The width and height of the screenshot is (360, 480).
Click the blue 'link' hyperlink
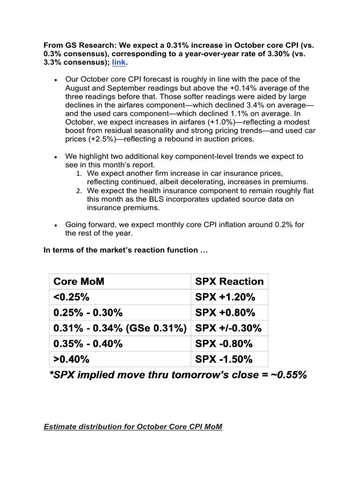[x=119, y=62]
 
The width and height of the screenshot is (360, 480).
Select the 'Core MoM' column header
[x=79, y=282]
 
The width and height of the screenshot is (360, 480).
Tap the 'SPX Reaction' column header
[x=229, y=282]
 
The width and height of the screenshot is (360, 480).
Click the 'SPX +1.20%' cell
[x=225, y=297]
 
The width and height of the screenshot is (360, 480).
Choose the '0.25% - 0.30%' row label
[x=88, y=313]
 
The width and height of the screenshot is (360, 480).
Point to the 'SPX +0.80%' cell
[x=225, y=313]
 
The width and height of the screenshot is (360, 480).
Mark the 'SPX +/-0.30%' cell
[x=228, y=328]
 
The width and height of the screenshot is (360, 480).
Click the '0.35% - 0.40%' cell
[x=88, y=344]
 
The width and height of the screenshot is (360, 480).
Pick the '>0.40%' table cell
[x=72, y=359]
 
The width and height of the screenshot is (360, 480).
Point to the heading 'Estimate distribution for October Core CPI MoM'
[x=133, y=427]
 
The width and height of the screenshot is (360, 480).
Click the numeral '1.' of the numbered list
[x=79, y=174]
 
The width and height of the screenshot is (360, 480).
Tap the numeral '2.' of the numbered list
[x=79, y=191]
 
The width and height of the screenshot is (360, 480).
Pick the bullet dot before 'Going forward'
[x=56, y=225]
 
